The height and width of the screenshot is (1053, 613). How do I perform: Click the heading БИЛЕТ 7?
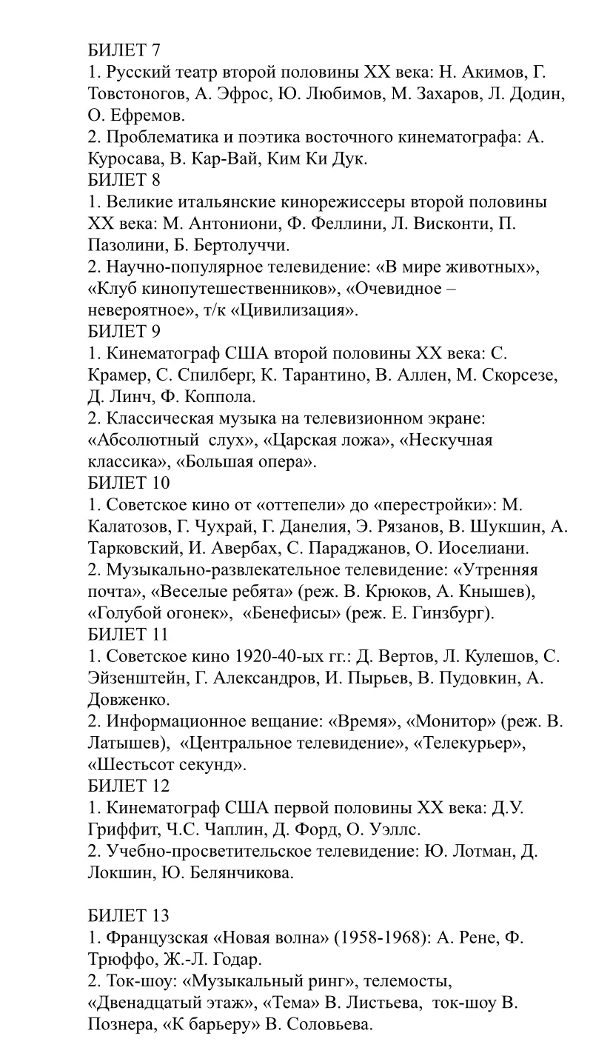[124, 50]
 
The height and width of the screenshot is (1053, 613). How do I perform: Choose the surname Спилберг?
[210, 375]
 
